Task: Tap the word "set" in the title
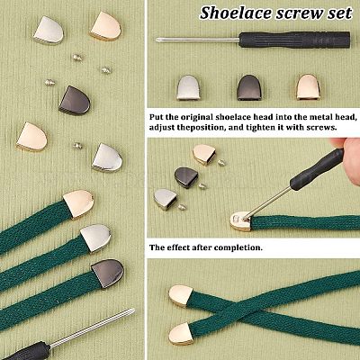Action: tap(340, 13)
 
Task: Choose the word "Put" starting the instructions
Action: tap(156, 117)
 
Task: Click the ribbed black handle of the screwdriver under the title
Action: tap(294, 40)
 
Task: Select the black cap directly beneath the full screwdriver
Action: tap(249, 87)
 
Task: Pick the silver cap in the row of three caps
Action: tap(188, 87)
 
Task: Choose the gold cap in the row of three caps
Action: tap(308, 86)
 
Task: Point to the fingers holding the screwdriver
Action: tap(348, 155)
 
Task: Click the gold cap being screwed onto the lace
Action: tap(241, 221)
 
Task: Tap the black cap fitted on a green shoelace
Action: tap(108, 274)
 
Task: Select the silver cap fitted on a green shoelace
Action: tap(96, 238)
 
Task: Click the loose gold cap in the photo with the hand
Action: tap(204, 154)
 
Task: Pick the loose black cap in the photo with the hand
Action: tap(186, 177)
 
